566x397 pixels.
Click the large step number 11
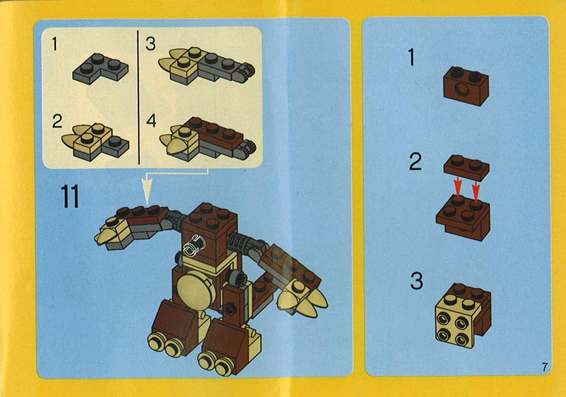tap(70, 197)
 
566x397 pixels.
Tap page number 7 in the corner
tap(545, 367)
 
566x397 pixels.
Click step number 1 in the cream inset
tap(55, 44)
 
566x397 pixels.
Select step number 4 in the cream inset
tap(151, 121)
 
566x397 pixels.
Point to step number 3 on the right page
tap(416, 281)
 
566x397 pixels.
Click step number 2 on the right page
tap(416, 162)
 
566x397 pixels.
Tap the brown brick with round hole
tap(466, 86)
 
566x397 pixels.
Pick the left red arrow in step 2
tap(458, 187)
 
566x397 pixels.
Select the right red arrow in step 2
tap(476, 191)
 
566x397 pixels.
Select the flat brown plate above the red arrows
tap(467, 168)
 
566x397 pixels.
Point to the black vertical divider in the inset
tap(138, 98)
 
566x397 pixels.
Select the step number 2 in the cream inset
tap(57, 121)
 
